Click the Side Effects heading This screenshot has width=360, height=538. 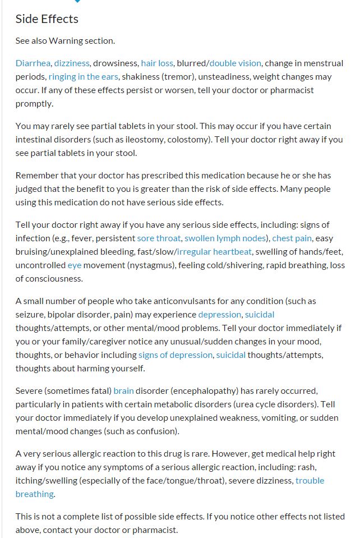coord(47,19)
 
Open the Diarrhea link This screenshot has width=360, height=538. coord(33,63)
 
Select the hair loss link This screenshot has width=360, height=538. coord(157,63)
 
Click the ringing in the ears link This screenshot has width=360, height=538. coord(83,76)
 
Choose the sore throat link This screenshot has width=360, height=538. coord(159,238)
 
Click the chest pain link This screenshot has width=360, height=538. coord(292,238)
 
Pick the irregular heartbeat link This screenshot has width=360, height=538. coord(214,251)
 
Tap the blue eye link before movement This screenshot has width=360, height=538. coord(75,265)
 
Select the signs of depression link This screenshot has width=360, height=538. coord(175,355)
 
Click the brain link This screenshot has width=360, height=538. coord(124,390)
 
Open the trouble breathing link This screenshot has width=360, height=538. coord(310,480)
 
